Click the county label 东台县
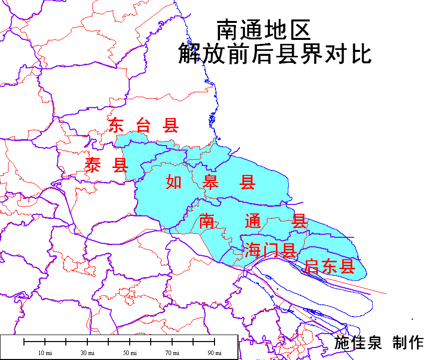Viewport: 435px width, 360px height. click(144, 125)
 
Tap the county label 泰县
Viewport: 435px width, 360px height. click(106, 165)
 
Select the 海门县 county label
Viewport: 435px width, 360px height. click(270, 250)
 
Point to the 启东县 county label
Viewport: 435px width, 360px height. click(329, 266)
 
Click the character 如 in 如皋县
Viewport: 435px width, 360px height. click(174, 182)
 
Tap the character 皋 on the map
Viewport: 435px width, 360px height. click(211, 182)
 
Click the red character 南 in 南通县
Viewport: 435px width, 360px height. click(207, 221)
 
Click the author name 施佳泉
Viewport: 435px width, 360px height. click(358, 343)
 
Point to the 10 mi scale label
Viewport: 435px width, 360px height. click(45, 353)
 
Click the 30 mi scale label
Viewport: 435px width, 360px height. click(87, 353)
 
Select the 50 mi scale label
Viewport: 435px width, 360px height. click(130, 353)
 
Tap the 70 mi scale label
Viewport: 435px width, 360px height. click(172, 353)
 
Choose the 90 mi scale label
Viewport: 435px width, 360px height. click(215, 353)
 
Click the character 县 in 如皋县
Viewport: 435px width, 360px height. click(247, 182)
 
